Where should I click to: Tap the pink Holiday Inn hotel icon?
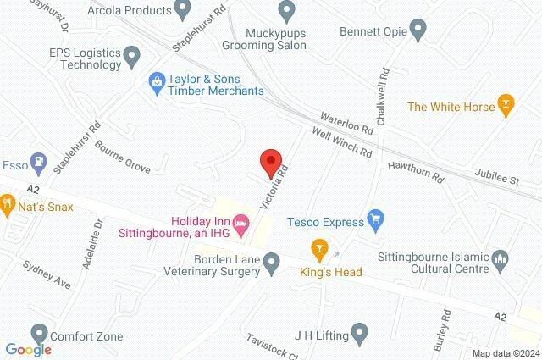coord(241,224)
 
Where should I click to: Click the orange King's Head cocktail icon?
coord(319,249)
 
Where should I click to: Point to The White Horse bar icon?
coord(506,106)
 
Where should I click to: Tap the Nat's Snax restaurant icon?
coord(7,203)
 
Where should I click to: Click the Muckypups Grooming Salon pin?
coord(286,11)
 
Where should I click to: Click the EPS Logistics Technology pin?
coord(131,57)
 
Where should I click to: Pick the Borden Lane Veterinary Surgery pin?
coord(272,265)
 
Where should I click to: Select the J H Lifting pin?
coord(359,334)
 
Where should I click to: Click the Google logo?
coord(28,349)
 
